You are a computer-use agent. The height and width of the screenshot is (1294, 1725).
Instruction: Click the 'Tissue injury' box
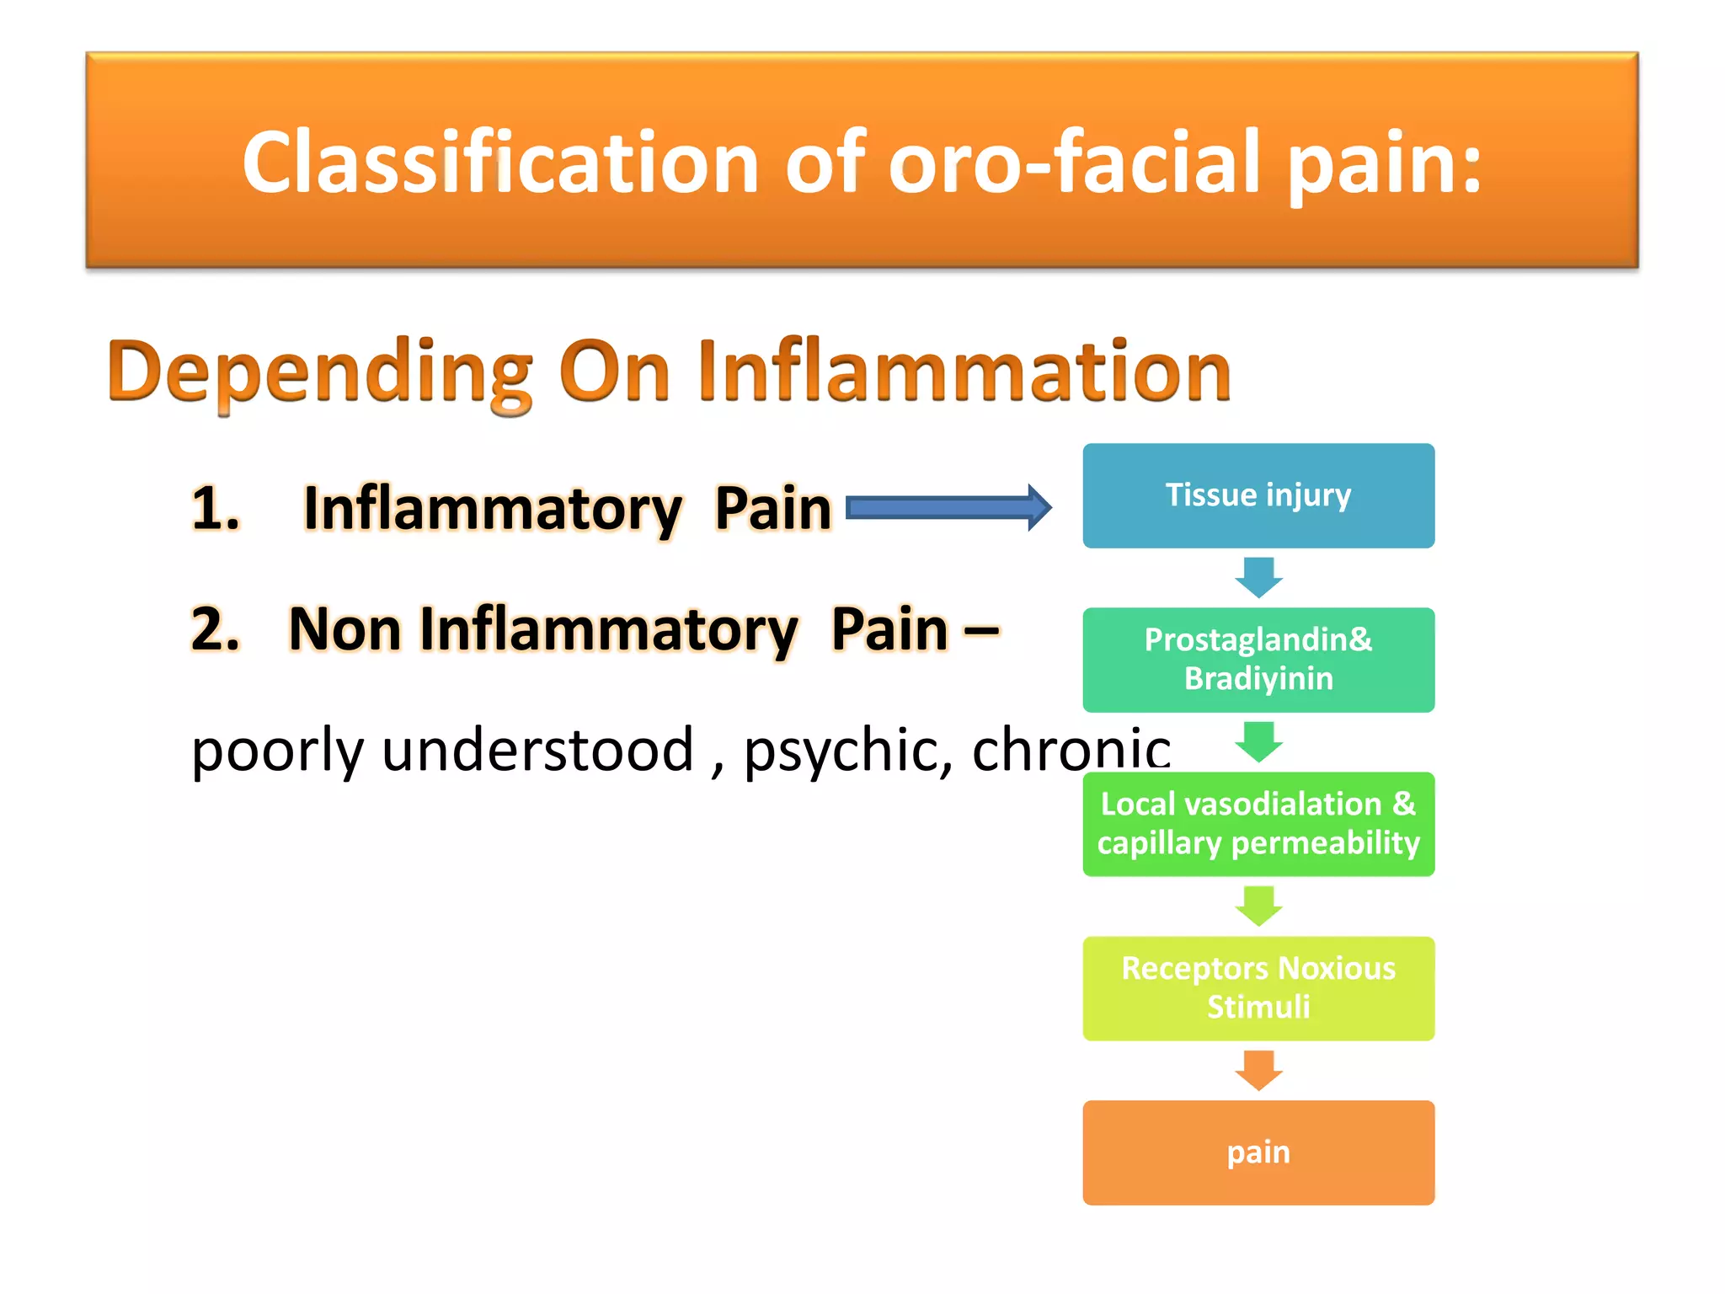point(1258,495)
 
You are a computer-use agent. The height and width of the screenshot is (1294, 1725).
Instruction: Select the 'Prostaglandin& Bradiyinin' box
point(1258,660)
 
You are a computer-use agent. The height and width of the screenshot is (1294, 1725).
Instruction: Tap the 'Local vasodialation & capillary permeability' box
point(1258,824)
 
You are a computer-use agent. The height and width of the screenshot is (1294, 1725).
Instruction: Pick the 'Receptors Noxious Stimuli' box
point(1258,988)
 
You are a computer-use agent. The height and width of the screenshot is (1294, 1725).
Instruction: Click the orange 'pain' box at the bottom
point(1258,1152)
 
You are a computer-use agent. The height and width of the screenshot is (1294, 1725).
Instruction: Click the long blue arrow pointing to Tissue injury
point(948,508)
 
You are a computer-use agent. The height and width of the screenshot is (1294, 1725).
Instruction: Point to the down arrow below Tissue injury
point(1258,577)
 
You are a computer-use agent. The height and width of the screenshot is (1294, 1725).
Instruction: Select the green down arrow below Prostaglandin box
point(1258,741)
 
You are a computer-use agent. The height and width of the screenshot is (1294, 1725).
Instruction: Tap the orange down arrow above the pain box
point(1258,1070)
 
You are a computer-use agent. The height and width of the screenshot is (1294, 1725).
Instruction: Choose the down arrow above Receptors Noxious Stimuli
point(1258,906)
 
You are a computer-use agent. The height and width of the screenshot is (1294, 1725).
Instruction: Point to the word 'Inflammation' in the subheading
point(964,371)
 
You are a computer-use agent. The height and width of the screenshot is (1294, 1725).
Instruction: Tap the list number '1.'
point(216,509)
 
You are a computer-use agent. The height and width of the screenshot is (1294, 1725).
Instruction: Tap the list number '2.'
point(216,629)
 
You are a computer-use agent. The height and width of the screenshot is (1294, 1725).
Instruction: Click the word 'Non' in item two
point(345,629)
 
